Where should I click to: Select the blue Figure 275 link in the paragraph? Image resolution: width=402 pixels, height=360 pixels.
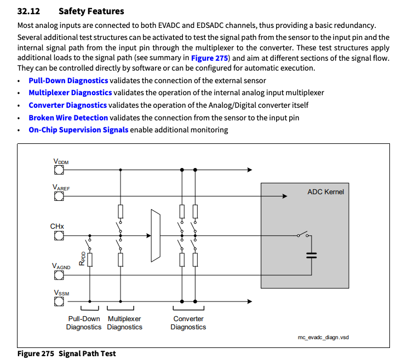click(209, 57)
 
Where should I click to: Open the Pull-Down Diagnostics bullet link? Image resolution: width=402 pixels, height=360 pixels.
click(68, 80)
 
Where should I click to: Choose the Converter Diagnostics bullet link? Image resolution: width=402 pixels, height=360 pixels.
click(67, 105)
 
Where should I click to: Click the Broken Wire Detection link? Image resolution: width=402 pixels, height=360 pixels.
click(68, 118)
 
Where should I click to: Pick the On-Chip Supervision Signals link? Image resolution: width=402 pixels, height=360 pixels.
click(78, 130)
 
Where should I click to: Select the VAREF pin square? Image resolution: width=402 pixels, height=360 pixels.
click(59, 196)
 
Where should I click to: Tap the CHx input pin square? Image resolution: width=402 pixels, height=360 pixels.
click(59, 236)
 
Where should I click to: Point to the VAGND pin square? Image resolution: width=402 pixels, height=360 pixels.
click(59, 275)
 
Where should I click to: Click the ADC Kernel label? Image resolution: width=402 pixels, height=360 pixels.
click(325, 192)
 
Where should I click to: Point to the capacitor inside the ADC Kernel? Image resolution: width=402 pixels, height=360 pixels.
click(311, 255)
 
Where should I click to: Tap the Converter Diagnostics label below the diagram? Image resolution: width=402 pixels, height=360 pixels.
click(188, 323)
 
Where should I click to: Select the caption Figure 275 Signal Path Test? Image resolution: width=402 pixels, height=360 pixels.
click(66, 353)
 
